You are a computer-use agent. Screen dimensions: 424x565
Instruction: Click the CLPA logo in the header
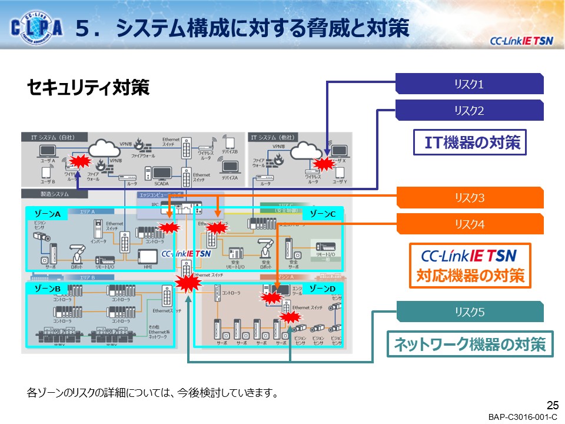point(36,28)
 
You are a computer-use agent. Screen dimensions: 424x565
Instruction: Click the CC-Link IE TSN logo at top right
point(521,41)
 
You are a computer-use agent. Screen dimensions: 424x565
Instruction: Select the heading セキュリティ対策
point(88,88)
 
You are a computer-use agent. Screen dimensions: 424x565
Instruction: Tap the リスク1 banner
point(469,84)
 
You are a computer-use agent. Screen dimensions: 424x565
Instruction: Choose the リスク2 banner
point(469,110)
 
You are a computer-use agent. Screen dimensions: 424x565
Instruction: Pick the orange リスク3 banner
point(469,198)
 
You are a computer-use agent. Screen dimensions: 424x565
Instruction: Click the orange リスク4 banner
point(469,224)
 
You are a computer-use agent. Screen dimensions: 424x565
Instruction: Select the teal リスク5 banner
point(469,312)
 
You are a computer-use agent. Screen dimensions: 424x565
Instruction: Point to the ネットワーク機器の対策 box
point(470,344)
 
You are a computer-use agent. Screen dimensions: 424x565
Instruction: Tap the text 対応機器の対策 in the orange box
point(470,276)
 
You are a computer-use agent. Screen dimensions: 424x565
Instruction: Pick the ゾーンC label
point(323,214)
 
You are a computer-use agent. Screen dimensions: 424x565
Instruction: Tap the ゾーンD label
point(323,289)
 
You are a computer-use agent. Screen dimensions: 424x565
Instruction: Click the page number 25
point(552,405)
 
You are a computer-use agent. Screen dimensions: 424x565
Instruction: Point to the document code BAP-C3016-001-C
point(523,417)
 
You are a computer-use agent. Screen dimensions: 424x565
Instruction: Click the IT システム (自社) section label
point(51,137)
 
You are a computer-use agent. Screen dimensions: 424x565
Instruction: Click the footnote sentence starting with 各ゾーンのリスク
point(152,392)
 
